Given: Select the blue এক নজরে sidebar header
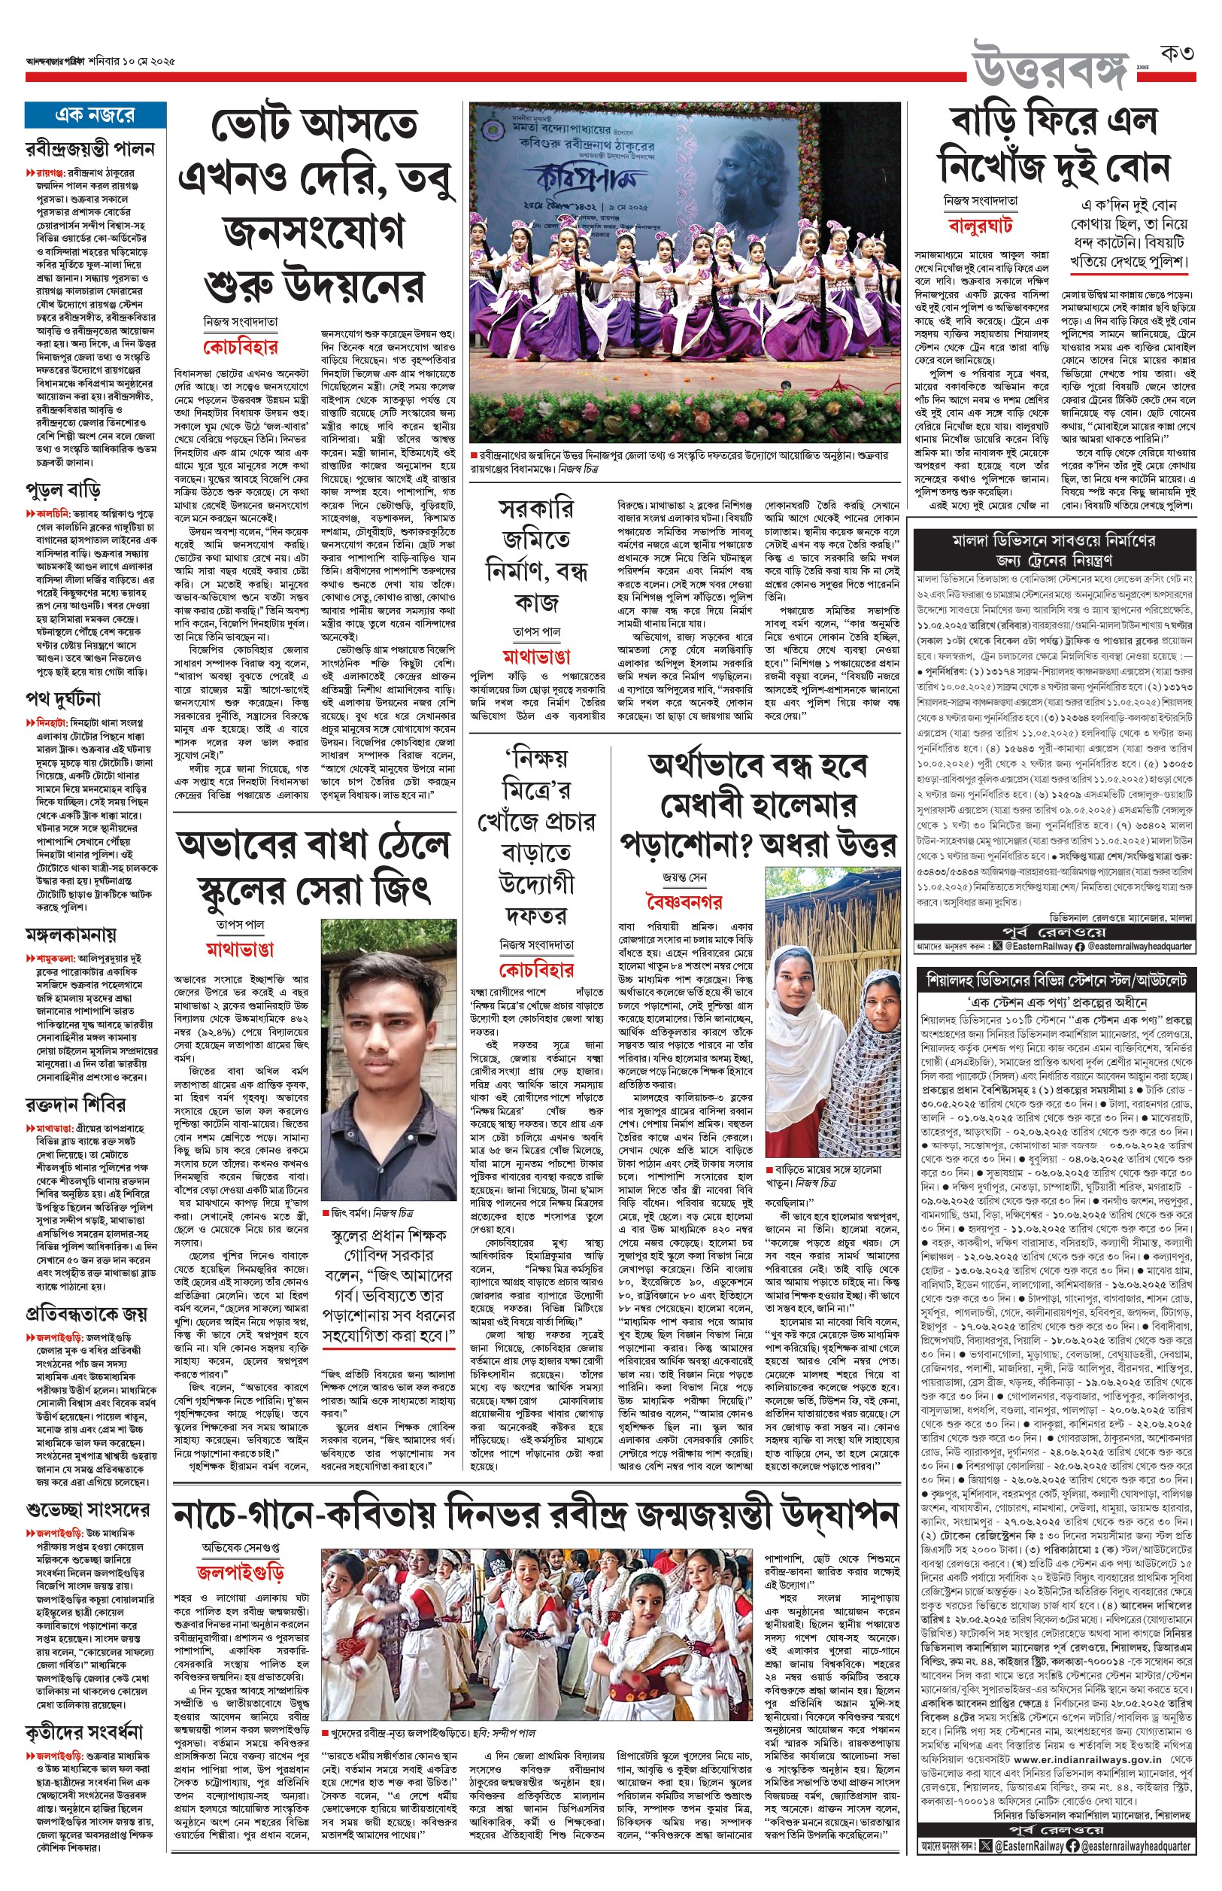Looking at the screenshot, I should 96,115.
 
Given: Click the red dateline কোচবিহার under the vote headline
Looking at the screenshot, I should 240,347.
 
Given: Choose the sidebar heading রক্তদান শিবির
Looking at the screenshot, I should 74,1104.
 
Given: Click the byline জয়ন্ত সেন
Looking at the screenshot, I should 685,877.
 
